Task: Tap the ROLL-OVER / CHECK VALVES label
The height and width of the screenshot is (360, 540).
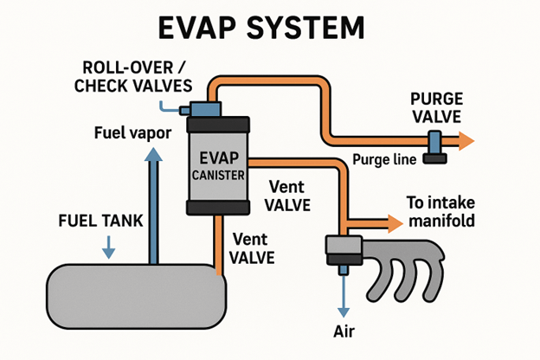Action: [x=133, y=76]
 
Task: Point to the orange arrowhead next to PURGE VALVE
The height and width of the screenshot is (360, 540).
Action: [x=466, y=140]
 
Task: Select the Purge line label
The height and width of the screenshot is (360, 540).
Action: [x=384, y=159]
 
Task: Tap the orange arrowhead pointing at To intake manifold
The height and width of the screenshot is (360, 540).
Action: [x=395, y=222]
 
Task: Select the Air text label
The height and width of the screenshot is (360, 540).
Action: [x=344, y=331]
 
